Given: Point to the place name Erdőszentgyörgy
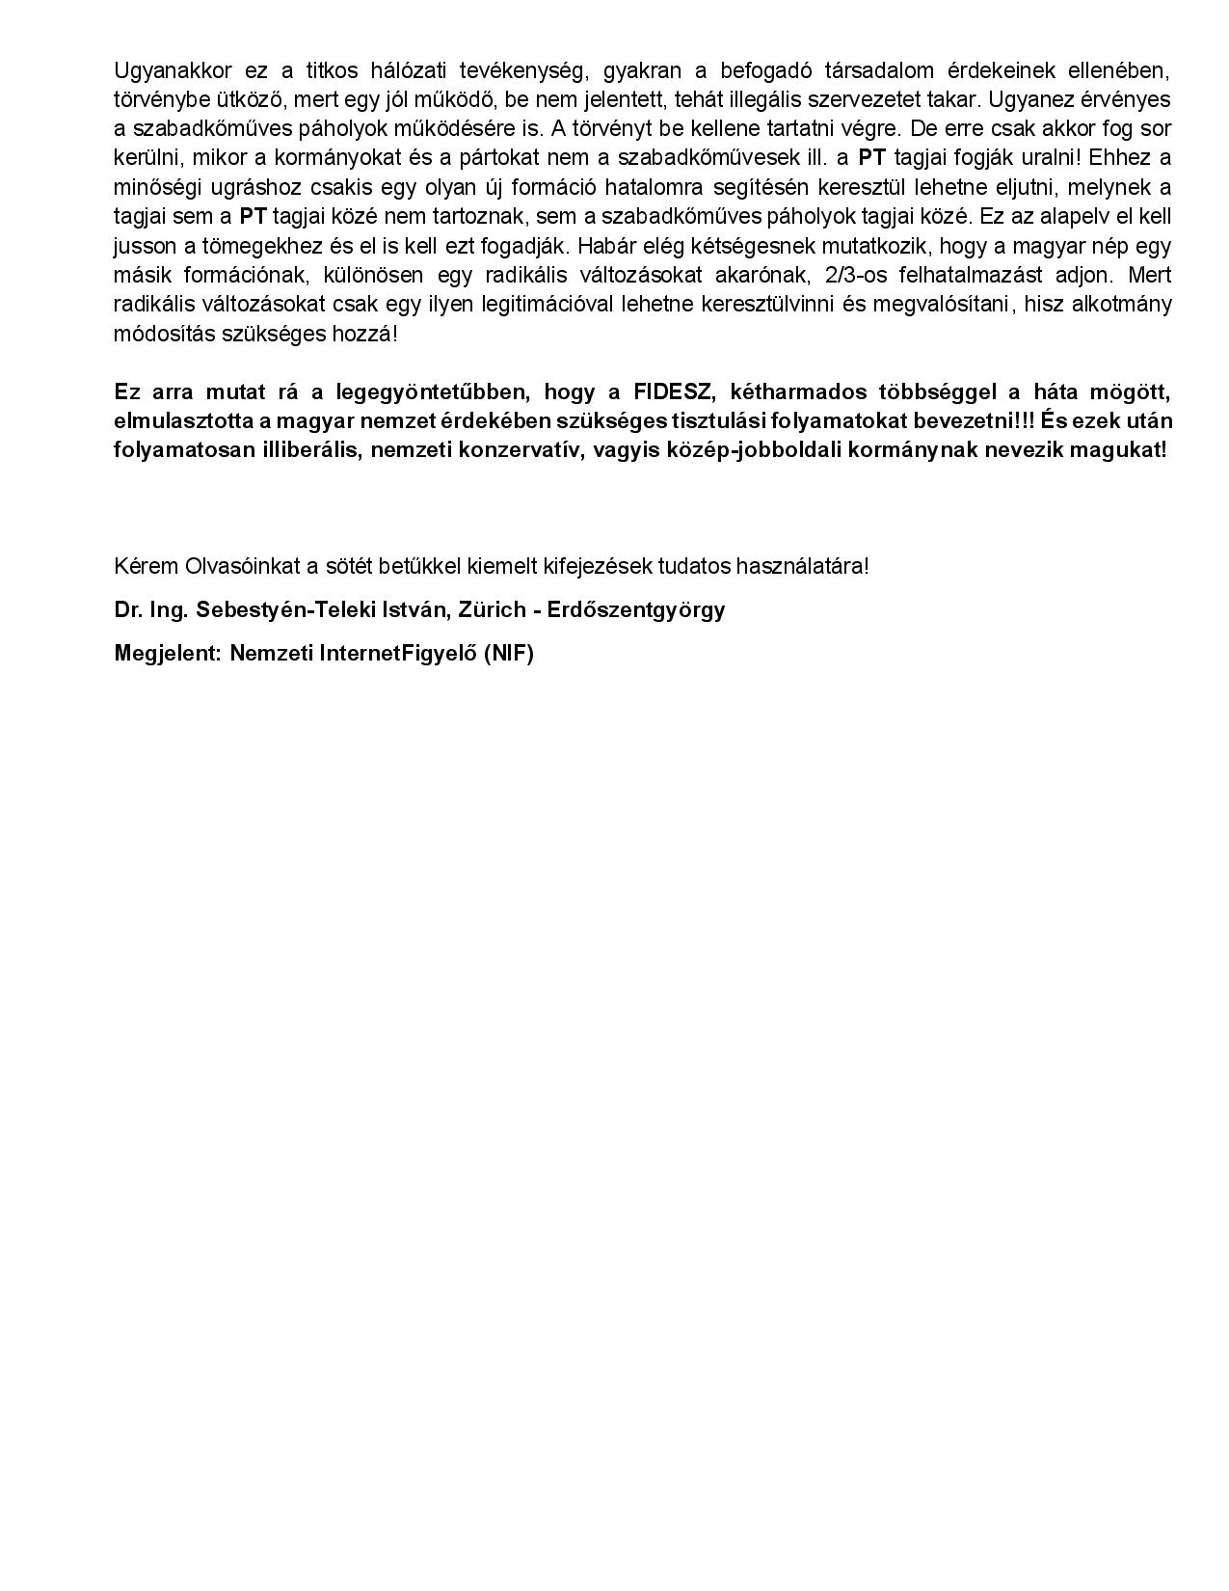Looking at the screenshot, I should coord(636,610).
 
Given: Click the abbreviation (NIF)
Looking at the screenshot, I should coord(508,654).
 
